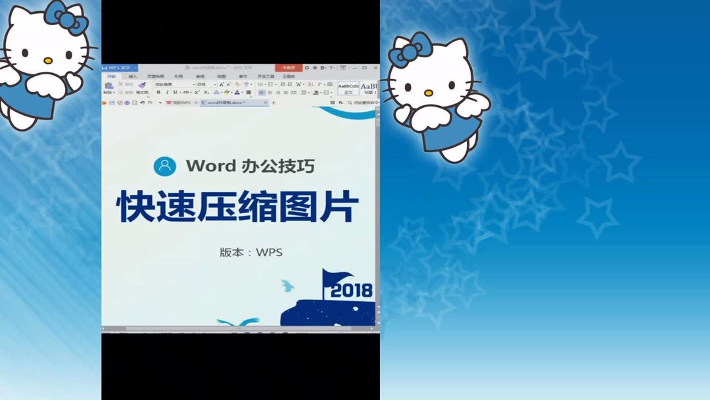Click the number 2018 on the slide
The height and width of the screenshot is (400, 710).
pos(351,290)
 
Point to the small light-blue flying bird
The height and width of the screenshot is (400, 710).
pos(287,286)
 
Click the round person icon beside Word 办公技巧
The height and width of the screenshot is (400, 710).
pos(164,166)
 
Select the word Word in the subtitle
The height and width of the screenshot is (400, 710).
pos(210,166)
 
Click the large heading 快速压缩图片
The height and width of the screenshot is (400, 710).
pos(238,207)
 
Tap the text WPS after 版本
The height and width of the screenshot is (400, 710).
pos(270,252)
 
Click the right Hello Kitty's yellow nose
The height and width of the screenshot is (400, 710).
pos(429,93)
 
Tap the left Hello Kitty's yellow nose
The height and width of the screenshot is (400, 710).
pos(47,61)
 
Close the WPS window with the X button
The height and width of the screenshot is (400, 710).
pos(374,68)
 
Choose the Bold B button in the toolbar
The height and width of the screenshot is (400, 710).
pos(158,93)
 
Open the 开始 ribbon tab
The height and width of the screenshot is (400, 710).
pos(111,76)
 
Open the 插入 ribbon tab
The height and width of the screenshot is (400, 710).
pos(132,76)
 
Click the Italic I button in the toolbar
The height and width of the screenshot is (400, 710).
pos(167,93)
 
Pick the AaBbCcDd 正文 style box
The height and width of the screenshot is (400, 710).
pos(348,87)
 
